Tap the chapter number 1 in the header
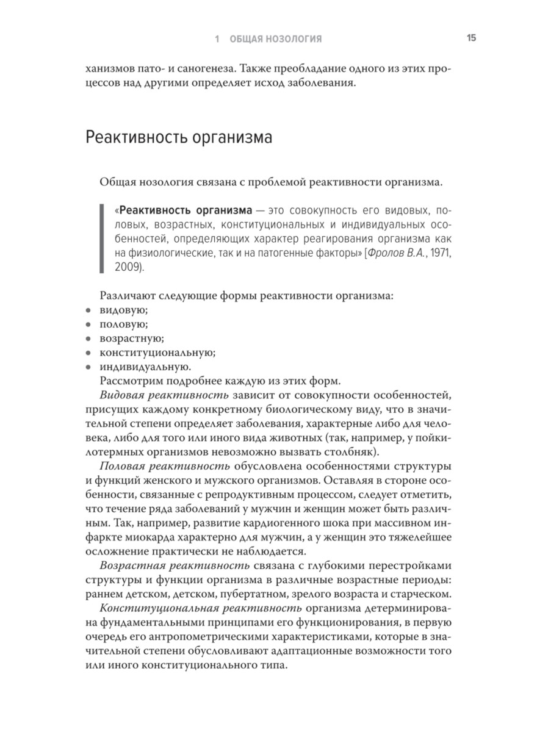pos(217,39)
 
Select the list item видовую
pos(122,310)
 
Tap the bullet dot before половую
pos(88,325)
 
